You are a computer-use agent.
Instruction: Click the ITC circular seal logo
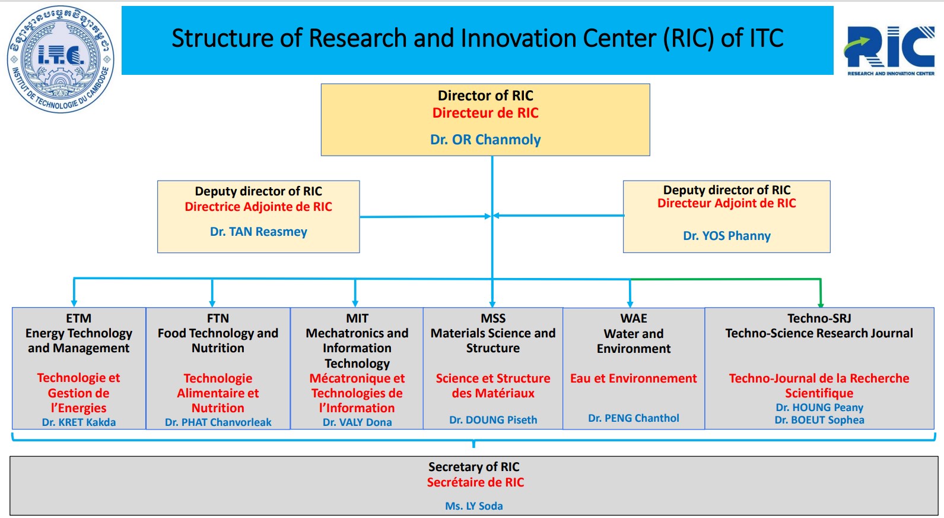tap(61, 59)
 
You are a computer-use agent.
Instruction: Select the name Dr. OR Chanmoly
tap(485, 140)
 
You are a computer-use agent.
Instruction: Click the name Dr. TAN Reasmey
tap(259, 232)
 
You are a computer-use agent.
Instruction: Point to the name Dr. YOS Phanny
tap(726, 236)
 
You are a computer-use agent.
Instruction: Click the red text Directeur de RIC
tap(485, 113)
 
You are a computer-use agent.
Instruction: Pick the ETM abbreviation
tap(78, 318)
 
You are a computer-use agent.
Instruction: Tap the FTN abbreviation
tap(218, 318)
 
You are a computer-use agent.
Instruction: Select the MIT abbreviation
tap(357, 318)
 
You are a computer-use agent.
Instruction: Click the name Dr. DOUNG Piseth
tap(493, 420)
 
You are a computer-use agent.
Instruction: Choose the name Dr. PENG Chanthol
tap(634, 418)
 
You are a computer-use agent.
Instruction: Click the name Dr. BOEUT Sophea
tap(819, 420)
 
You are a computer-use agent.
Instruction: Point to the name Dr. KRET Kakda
tap(78, 422)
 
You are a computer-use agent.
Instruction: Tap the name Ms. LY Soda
tap(473, 506)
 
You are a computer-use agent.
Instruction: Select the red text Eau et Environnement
tap(634, 378)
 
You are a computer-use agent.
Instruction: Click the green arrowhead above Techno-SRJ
tap(821, 304)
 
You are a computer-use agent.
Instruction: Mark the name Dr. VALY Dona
tap(357, 422)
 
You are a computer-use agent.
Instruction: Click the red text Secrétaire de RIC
tap(475, 482)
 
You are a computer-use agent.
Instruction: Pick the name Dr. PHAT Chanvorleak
tap(218, 422)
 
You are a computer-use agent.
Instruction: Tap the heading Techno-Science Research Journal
tap(819, 333)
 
